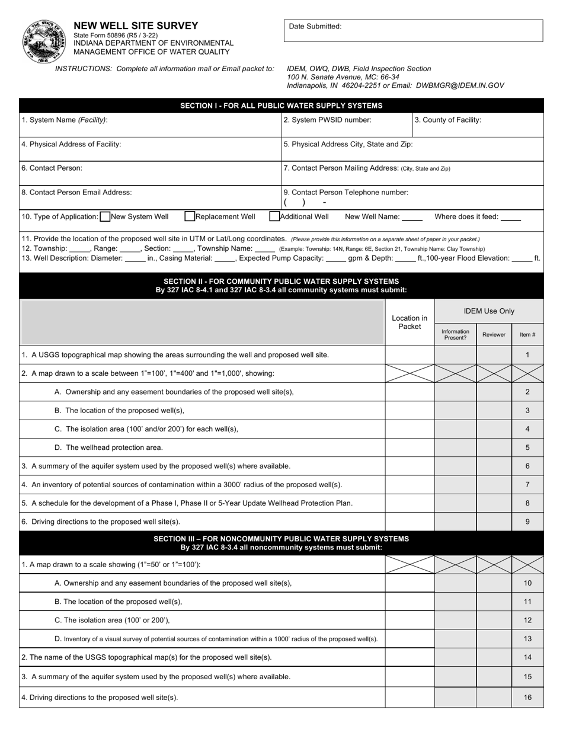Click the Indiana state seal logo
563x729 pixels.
point(44,41)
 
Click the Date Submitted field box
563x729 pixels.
point(413,31)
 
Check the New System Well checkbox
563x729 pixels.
point(105,217)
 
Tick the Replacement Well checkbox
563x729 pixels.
point(190,217)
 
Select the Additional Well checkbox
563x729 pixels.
point(274,217)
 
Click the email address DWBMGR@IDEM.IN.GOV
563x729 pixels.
point(460,85)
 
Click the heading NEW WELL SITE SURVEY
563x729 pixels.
point(136,25)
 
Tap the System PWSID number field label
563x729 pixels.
point(328,120)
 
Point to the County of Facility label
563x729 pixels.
point(447,120)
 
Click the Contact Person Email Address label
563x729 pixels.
point(76,192)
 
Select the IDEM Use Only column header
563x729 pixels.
point(489,311)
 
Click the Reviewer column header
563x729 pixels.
point(494,335)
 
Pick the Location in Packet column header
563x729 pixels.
point(410,322)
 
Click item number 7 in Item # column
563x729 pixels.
point(527,485)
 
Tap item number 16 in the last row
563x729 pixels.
point(527,698)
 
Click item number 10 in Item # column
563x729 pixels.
point(527,583)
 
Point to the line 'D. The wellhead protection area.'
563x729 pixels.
point(108,447)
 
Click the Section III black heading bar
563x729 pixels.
point(281,543)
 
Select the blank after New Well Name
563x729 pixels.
point(412,218)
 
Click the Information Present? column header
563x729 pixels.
point(455,335)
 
